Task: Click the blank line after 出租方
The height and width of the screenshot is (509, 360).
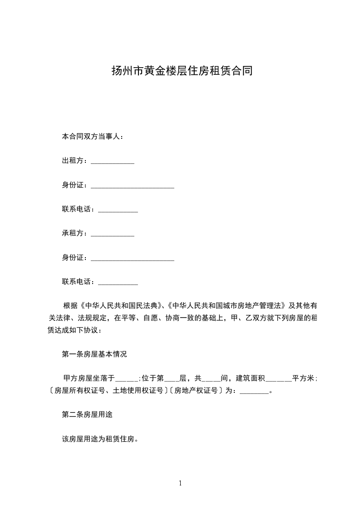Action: pyautogui.click(x=113, y=162)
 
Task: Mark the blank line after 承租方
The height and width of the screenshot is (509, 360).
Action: pyautogui.click(x=113, y=235)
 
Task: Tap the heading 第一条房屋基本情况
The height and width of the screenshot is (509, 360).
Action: pyautogui.click(x=94, y=354)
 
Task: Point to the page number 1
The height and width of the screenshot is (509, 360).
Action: pyautogui.click(x=180, y=483)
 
